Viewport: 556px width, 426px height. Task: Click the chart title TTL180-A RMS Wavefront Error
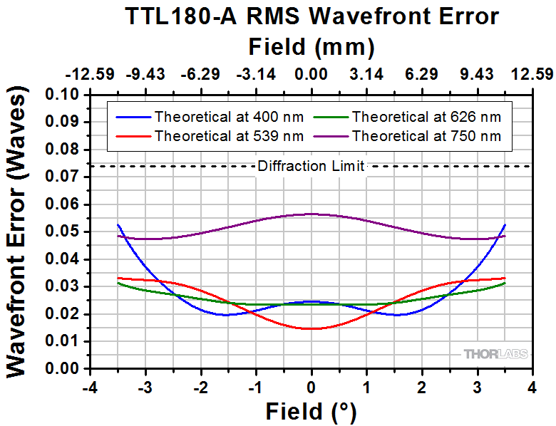[x=312, y=17]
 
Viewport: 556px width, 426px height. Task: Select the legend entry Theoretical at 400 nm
[x=228, y=117]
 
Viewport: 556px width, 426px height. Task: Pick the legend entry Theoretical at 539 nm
[x=228, y=135]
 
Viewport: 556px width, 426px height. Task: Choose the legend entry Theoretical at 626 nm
[x=427, y=117]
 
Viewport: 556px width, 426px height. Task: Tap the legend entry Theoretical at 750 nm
[x=427, y=135]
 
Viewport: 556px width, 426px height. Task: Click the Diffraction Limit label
[x=312, y=167]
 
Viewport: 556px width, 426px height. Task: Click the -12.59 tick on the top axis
[x=90, y=75]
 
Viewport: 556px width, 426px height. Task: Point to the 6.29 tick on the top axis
[x=422, y=75]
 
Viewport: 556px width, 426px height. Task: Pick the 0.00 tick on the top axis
[x=312, y=75]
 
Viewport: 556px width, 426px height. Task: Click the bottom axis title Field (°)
[x=312, y=411]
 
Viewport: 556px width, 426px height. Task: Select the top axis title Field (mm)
[x=312, y=47]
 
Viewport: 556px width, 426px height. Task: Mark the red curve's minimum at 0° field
[x=312, y=328]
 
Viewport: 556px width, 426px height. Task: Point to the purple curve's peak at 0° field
[x=312, y=214]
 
